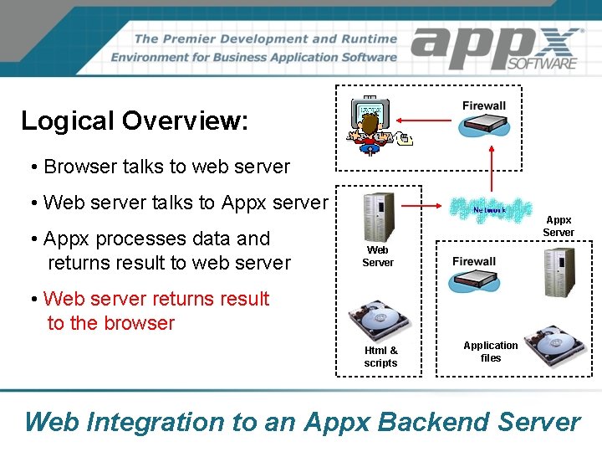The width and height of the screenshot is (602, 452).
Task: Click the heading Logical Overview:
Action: click(x=135, y=121)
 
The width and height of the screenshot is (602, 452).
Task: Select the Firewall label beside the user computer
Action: click(x=484, y=105)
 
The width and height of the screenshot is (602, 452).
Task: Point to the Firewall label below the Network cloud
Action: click(x=474, y=261)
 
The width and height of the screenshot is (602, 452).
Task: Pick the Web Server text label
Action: click(x=378, y=256)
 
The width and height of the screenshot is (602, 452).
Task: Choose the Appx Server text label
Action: click(x=559, y=226)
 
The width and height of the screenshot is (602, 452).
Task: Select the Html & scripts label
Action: click(x=380, y=357)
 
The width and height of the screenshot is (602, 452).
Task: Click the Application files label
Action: click(x=491, y=352)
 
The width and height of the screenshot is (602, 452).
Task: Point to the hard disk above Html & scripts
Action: click(x=380, y=321)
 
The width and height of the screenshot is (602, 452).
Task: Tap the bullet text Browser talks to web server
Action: click(x=166, y=167)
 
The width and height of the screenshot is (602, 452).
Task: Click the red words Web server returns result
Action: click(x=156, y=299)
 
